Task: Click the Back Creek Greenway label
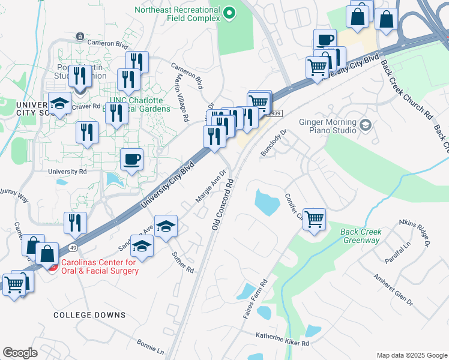click(x=360, y=236)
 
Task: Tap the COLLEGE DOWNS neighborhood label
click(x=89, y=315)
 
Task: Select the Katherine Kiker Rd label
click(x=282, y=340)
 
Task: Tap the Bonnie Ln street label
click(x=150, y=346)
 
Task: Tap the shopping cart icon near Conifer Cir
click(x=314, y=219)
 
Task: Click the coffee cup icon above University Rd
click(x=132, y=160)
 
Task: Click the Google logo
click(x=20, y=353)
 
